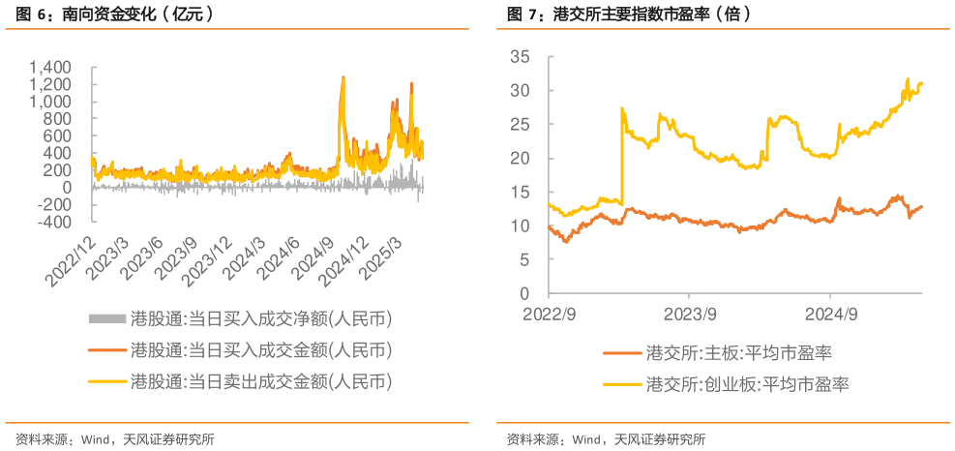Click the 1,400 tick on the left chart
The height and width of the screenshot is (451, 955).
pos(51,67)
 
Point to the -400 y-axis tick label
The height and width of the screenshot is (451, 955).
pos(51,221)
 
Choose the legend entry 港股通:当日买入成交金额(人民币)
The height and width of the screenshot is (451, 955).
pos(261,349)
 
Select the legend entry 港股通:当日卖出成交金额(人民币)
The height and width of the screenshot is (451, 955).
pos(261,380)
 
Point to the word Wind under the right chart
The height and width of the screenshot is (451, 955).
pos(587,439)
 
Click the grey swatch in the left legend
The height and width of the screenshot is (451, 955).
pos(106,318)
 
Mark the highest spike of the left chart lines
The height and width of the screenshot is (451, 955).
pos(343,76)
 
